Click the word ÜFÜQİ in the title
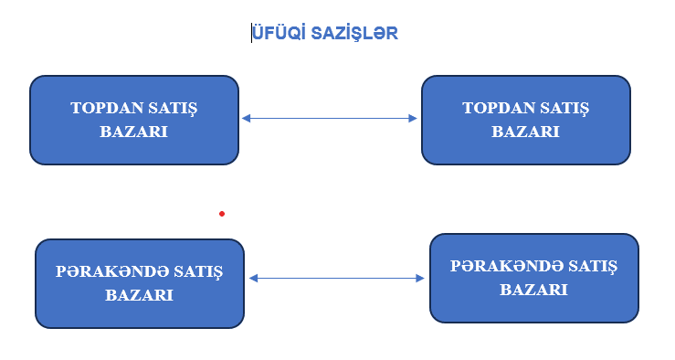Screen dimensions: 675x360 (276, 34)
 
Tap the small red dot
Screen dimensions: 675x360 (221, 214)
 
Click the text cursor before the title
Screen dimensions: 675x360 (252, 34)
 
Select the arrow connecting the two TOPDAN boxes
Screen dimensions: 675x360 (329, 118)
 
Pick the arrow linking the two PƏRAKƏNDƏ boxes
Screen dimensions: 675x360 (336, 278)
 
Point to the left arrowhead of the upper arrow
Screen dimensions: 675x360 (246, 118)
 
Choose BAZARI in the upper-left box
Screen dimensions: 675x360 (134, 132)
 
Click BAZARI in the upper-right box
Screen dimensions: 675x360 (526, 132)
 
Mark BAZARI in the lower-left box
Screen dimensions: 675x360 (140, 295)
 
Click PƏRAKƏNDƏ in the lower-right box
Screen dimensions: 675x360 (507, 266)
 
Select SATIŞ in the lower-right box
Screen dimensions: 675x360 (595, 266)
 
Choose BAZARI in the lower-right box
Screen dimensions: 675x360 (534, 290)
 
